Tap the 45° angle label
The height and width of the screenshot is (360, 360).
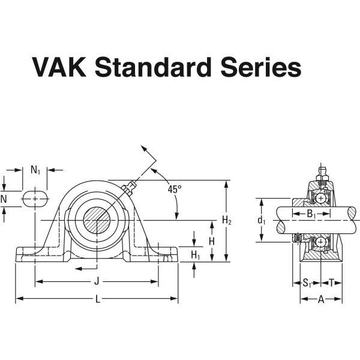click(174, 189)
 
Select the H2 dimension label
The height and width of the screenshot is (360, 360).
click(227, 221)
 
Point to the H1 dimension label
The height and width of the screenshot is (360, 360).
click(195, 255)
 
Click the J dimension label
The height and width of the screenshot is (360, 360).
click(97, 281)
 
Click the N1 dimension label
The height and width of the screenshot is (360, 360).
click(35, 170)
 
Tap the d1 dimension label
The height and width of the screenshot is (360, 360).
click(262, 220)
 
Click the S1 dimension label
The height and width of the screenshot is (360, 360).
click(307, 282)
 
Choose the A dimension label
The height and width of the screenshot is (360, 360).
click(320, 299)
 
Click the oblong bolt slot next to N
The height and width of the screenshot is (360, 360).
click(36, 199)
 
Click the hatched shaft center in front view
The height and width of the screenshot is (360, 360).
click(97, 220)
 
